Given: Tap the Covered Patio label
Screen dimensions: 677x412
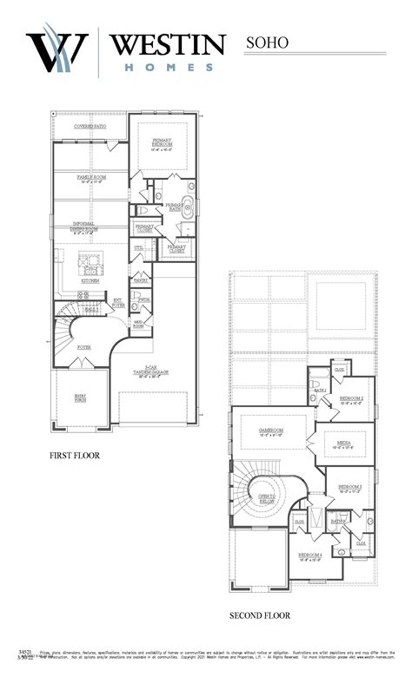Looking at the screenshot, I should tap(90, 127).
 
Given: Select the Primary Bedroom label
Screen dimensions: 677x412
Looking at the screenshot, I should tap(163, 144).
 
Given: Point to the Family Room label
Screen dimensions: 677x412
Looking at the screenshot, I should tap(90, 179).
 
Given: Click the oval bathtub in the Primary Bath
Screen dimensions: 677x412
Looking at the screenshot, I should tap(190, 187).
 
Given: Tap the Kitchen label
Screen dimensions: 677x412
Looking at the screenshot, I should tap(90, 280).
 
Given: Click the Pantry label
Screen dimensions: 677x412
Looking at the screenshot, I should tap(140, 280).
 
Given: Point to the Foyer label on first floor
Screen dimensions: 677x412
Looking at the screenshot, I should tap(83, 347).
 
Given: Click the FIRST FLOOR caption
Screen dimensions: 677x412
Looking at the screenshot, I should tap(75, 455).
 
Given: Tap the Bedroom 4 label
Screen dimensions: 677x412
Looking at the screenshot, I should tap(310, 556).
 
